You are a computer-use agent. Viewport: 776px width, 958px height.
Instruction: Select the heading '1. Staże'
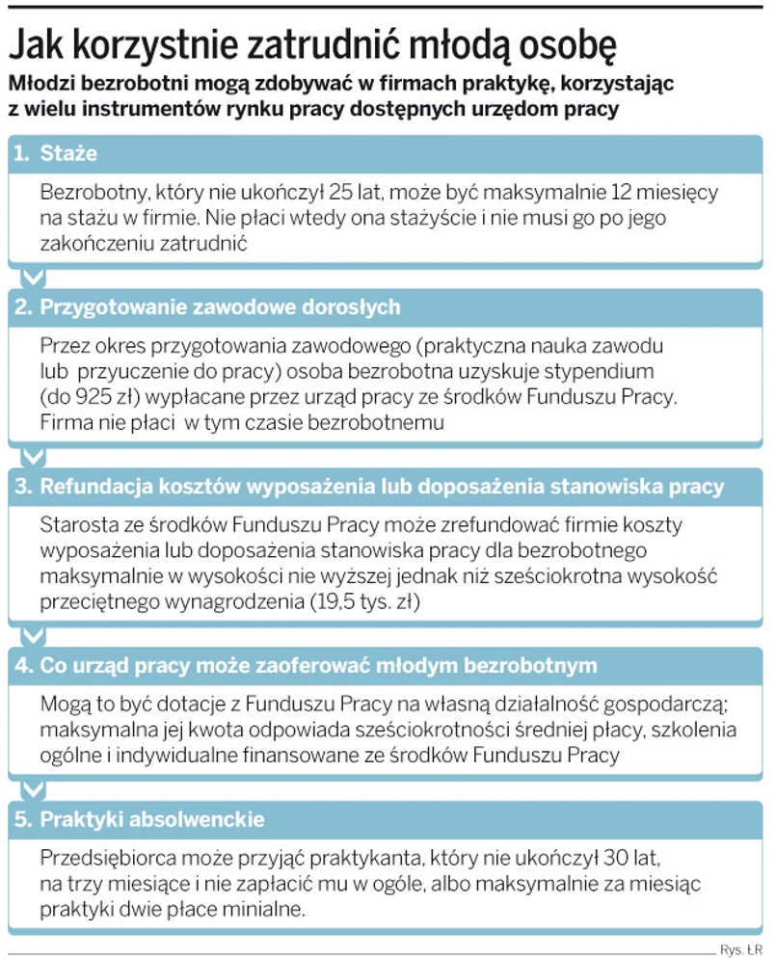tap(55, 153)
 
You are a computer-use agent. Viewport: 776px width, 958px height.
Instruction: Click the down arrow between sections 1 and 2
tap(34, 278)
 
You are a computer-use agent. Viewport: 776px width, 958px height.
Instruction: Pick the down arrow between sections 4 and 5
tap(34, 790)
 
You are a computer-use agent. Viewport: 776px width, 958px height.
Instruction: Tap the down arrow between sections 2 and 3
tap(34, 456)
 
